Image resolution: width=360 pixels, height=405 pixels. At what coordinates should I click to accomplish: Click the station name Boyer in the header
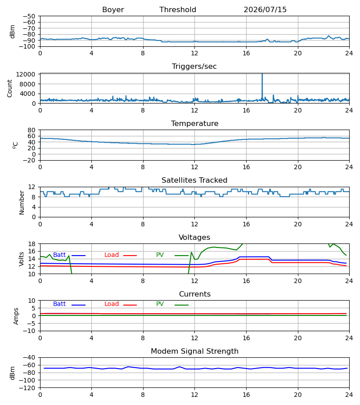(x=113, y=10)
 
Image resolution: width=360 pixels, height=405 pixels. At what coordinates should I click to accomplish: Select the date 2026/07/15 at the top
(x=265, y=10)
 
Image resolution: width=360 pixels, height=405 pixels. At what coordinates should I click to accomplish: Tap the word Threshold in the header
(x=178, y=10)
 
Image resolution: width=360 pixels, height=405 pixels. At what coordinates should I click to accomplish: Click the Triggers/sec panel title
(x=194, y=67)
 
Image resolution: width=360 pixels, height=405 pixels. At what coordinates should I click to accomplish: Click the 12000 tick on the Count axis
(x=26, y=74)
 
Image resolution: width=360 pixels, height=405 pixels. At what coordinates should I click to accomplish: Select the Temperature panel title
(x=194, y=123)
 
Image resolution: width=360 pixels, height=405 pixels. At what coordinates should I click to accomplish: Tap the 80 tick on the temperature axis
(x=31, y=130)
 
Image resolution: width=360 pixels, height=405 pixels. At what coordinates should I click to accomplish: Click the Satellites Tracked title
(x=194, y=180)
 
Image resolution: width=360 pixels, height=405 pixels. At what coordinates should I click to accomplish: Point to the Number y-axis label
(x=22, y=203)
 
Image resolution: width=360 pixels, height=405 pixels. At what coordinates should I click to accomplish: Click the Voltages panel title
(x=194, y=237)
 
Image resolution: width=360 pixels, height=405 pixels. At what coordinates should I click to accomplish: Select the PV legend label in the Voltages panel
(x=160, y=255)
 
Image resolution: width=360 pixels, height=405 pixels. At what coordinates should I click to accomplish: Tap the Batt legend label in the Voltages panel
(x=59, y=255)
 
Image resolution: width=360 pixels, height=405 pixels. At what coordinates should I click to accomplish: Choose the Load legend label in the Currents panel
(x=112, y=304)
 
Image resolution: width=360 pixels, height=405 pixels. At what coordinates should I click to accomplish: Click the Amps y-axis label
(x=16, y=316)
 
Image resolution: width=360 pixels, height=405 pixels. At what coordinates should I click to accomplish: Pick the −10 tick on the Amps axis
(x=29, y=331)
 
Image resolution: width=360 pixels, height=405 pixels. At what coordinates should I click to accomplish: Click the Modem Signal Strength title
(x=194, y=351)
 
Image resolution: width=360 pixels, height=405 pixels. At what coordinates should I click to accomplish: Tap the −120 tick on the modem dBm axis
(x=27, y=388)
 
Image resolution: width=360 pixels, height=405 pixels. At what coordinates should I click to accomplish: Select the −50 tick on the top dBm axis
(x=29, y=16)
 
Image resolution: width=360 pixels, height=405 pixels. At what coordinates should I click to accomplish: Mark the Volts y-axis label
(x=22, y=259)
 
